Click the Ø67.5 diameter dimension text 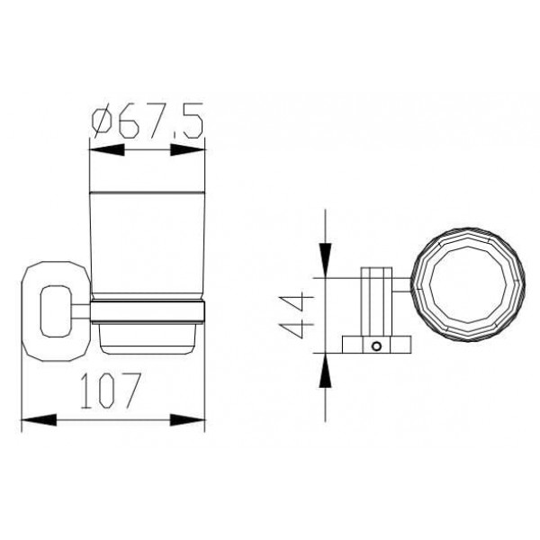(148, 121)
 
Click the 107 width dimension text (110, 391)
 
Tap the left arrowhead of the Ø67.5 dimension (107, 149)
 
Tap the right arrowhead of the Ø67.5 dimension (188, 149)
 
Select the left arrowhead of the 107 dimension (39, 419)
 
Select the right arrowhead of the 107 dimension (188, 419)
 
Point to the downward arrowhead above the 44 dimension (325, 260)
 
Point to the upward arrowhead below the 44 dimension (325, 371)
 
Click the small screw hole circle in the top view (376, 346)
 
